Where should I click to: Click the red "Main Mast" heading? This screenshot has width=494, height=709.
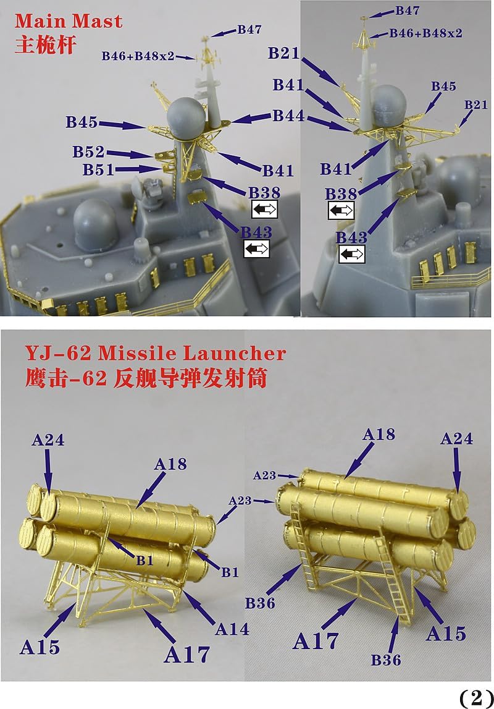click(x=68, y=21)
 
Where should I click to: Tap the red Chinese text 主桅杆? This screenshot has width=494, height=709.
click(x=45, y=45)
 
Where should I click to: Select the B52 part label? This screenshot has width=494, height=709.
click(x=88, y=151)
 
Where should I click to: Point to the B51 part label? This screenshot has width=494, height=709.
click(x=98, y=169)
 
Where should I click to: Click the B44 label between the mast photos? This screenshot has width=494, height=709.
click(x=288, y=116)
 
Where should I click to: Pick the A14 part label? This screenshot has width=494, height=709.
click(x=232, y=629)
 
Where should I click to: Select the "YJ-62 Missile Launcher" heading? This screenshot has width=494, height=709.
click(x=156, y=353)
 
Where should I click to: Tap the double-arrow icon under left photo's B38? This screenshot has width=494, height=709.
click(x=264, y=209)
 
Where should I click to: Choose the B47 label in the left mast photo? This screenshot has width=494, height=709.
click(x=249, y=30)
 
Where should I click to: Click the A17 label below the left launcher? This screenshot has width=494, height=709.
click(x=186, y=654)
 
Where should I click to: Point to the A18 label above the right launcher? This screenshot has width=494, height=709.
click(x=379, y=435)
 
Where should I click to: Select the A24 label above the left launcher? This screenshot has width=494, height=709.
click(x=48, y=439)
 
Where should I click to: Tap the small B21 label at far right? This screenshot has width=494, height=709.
click(x=476, y=105)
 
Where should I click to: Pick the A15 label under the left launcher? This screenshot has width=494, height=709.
click(x=40, y=647)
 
